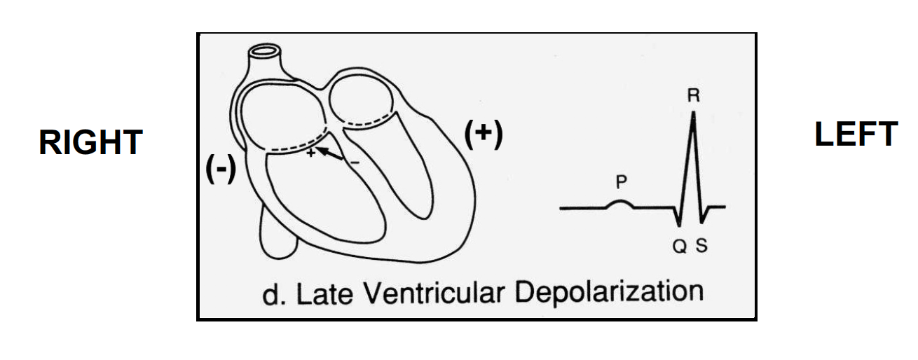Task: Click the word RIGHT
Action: tap(91, 142)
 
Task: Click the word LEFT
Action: tap(856, 134)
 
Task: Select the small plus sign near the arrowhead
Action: tap(310, 153)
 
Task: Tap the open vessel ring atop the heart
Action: tap(266, 53)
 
